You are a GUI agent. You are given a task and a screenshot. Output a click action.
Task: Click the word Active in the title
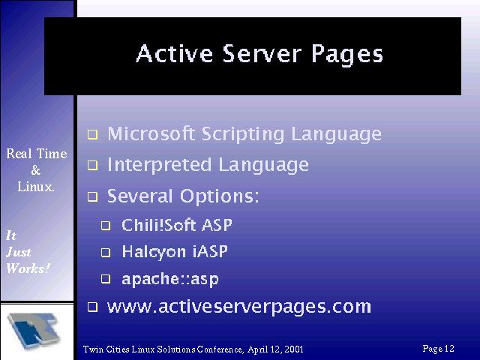[x=174, y=53]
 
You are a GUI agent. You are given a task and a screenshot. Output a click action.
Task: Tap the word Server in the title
[x=262, y=53]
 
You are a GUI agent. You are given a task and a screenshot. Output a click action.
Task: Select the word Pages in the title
[x=347, y=55]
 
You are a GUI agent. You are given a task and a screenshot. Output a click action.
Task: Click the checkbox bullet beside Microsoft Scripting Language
[x=93, y=135]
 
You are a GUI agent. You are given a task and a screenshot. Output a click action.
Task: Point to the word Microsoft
[x=151, y=133]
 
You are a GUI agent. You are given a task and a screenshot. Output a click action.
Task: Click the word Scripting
[x=243, y=135]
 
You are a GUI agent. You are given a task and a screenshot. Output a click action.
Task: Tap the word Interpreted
[x=159, y=166]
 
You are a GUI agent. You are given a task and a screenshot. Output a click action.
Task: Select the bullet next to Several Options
[x=93, y=196]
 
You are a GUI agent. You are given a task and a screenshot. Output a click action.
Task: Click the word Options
[x=220, y=197]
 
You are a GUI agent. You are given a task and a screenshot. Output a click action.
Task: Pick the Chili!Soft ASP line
[x=177, y=225]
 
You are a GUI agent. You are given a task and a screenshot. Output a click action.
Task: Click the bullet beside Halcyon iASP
[x=106, y=252]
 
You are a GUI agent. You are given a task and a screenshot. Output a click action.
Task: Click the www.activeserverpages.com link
[x=239, y=307]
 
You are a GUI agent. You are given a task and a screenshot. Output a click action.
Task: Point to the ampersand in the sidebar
[x=36, y=170]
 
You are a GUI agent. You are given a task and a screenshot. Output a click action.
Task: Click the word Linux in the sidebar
[x=36, y=187]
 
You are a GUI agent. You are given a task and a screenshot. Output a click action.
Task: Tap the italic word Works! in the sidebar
[x=28, y=268]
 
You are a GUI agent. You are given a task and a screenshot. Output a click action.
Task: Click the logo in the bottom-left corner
[x=34, y=331]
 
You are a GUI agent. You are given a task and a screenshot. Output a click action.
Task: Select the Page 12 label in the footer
[x=438, y=349]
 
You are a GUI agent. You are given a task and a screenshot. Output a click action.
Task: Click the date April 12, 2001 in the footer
[x=275, y=349]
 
